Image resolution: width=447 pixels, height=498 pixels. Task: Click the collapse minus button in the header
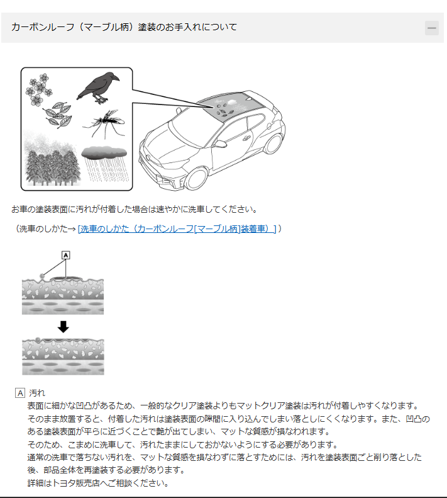point(431,28)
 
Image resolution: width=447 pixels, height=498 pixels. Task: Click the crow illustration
point(97,88)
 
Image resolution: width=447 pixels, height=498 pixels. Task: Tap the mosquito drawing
point(105,123)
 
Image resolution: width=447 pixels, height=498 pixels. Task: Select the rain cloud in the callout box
point(104,152)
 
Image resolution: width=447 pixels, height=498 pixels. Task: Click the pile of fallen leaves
point(58,115)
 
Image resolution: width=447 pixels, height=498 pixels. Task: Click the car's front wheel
point(196,179)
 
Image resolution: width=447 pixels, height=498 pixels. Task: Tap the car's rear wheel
point(273,144)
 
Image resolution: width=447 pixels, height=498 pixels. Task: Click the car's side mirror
point(220,144)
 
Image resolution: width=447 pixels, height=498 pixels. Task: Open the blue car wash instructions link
point(177,229)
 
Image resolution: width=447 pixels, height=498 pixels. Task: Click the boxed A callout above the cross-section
point(65,255)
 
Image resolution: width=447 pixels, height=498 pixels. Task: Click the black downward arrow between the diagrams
point(63,327)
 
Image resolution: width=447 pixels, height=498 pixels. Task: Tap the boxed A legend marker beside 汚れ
point(20,393)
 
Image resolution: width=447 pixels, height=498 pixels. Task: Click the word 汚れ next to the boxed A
point(37,393)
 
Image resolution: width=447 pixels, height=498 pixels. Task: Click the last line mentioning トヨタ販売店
point(98,483)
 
